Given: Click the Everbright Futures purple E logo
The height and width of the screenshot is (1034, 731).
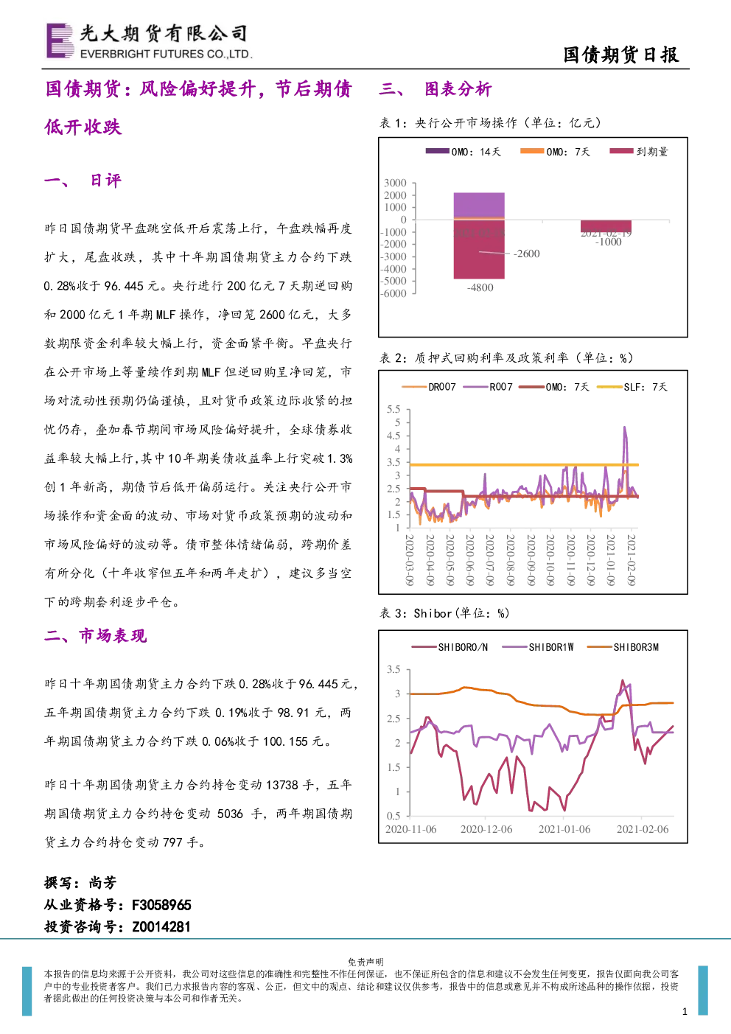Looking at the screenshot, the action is click(60, 41).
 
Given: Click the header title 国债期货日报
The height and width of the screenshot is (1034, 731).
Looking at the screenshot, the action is click(621, 55).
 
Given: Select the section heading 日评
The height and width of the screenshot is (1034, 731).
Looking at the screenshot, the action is click(105, 180).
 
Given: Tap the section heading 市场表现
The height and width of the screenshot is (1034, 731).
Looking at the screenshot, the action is click(113, 635).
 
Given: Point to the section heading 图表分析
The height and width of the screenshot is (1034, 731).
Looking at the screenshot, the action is click(458, 88).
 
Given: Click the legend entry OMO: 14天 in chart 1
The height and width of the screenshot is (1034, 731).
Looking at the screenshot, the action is click(464, 151).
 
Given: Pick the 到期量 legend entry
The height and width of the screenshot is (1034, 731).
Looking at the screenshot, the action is click(639, 151).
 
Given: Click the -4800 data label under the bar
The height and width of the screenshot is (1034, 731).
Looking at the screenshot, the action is click(480, 287).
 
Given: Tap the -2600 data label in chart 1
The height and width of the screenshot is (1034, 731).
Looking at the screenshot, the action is click(526, 254).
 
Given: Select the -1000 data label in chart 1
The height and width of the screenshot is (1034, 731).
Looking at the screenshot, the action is click(608, 242).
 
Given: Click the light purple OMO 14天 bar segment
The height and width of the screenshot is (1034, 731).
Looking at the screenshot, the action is click(479, 204).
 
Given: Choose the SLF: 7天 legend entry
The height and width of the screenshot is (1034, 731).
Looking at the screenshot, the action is click(632, 387).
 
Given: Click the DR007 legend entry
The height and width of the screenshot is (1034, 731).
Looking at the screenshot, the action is click(429, 387).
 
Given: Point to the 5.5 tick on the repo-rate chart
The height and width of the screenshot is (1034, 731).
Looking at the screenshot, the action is click(394, 410).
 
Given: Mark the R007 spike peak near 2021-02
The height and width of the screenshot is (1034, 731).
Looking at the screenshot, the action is click(625, 427).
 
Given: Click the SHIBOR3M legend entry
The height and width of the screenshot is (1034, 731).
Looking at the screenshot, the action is click(623, 647).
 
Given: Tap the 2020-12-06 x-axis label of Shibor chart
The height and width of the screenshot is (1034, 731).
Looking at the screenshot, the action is click(486, 829).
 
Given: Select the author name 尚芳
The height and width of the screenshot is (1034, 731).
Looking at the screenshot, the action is click(102, 883).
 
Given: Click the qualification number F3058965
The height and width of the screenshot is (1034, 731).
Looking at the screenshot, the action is click(161, 905).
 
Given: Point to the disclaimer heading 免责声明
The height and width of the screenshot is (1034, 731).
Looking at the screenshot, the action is click(365, 962).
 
